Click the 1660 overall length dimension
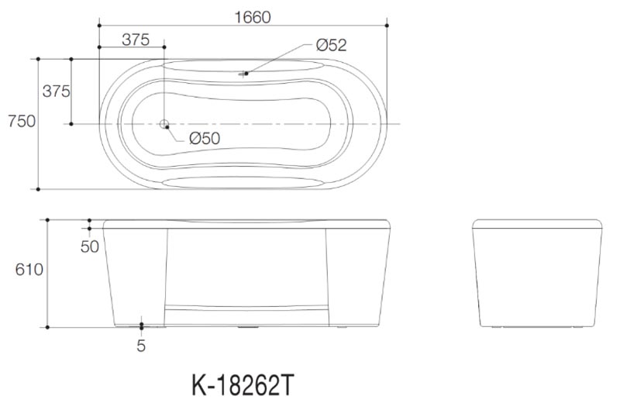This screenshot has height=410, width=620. (x=253, y=17)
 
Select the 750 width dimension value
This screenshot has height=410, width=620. (x=22, y=121)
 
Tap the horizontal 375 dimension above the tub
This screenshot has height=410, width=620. (x=136, y=40)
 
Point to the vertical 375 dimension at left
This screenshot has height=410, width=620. (x=56, y=91)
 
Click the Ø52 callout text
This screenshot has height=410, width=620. (x=332, y=45)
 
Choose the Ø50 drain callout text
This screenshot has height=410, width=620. (x=205, y=139)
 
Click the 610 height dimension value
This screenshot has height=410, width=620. (x=29, y=270)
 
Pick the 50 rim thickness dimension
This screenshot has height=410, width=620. (x=90, y=246)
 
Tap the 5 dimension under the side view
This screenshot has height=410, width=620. (x=141, y=346)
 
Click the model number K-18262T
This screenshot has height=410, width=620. (x=243, y=385)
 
